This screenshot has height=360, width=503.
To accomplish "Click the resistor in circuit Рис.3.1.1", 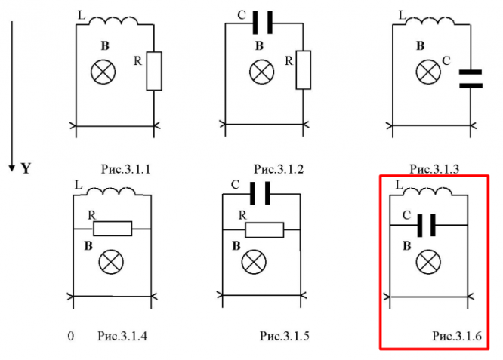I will tap(154, 70).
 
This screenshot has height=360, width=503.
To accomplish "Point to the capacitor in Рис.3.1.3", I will tap(471, 78).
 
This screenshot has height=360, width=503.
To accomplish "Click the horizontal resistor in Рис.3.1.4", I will tap(111, 228).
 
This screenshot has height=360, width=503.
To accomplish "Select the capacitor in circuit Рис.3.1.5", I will tap(261, 195).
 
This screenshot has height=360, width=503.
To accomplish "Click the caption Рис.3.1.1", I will tap(125, 169).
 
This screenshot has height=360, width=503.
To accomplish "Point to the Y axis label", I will tap(26, 168).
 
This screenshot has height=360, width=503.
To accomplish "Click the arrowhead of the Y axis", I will tap(11, 166).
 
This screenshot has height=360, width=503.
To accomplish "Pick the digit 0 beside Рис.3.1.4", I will tap(71, 334).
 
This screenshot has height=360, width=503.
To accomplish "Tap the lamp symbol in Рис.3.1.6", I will tap(428, 262).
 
